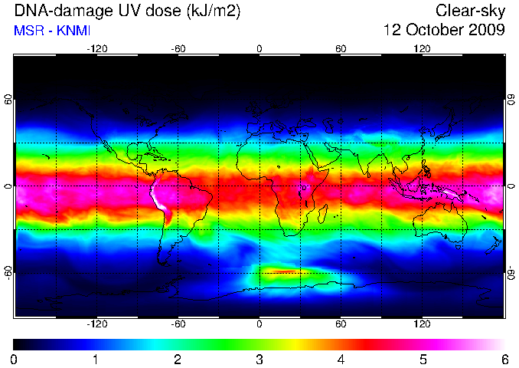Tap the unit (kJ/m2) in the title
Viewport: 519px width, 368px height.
point(213,11)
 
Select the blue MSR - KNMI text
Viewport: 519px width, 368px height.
point(52,31)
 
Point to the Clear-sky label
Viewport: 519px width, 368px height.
point(470,11)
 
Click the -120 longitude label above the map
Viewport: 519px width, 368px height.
point(96,49)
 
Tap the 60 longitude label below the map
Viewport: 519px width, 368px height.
point(341,324)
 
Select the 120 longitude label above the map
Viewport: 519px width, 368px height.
point(422,49)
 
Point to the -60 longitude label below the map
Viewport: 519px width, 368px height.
point(178,324)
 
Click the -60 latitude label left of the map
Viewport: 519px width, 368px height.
point(8,273)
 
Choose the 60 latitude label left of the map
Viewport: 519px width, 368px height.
point(8,99)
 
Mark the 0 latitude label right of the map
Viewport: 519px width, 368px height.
point(511,186)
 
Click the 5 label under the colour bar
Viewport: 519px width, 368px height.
point(423,360)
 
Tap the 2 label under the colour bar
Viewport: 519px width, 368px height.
point(178,360)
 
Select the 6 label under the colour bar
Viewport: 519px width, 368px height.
point(504,360)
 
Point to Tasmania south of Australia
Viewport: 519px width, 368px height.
point(458,247)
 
